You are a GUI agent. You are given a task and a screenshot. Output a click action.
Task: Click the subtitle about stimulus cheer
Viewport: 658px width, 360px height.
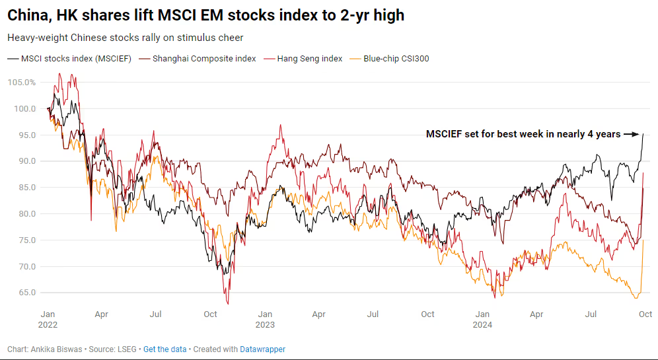(125, 38)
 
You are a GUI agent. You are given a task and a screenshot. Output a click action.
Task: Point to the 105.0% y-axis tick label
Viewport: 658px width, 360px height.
(22, 83)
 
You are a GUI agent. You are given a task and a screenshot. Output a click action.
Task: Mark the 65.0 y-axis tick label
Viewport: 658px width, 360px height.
(25, 293)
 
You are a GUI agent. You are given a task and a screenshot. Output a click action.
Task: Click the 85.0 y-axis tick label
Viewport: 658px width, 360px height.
(25, 188)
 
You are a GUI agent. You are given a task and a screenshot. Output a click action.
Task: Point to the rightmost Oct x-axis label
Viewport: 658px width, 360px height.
(645, 314)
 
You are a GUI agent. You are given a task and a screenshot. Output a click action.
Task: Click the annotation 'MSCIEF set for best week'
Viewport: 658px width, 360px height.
(523, 134)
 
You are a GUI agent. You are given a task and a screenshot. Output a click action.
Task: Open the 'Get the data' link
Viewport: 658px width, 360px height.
(165, 349)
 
